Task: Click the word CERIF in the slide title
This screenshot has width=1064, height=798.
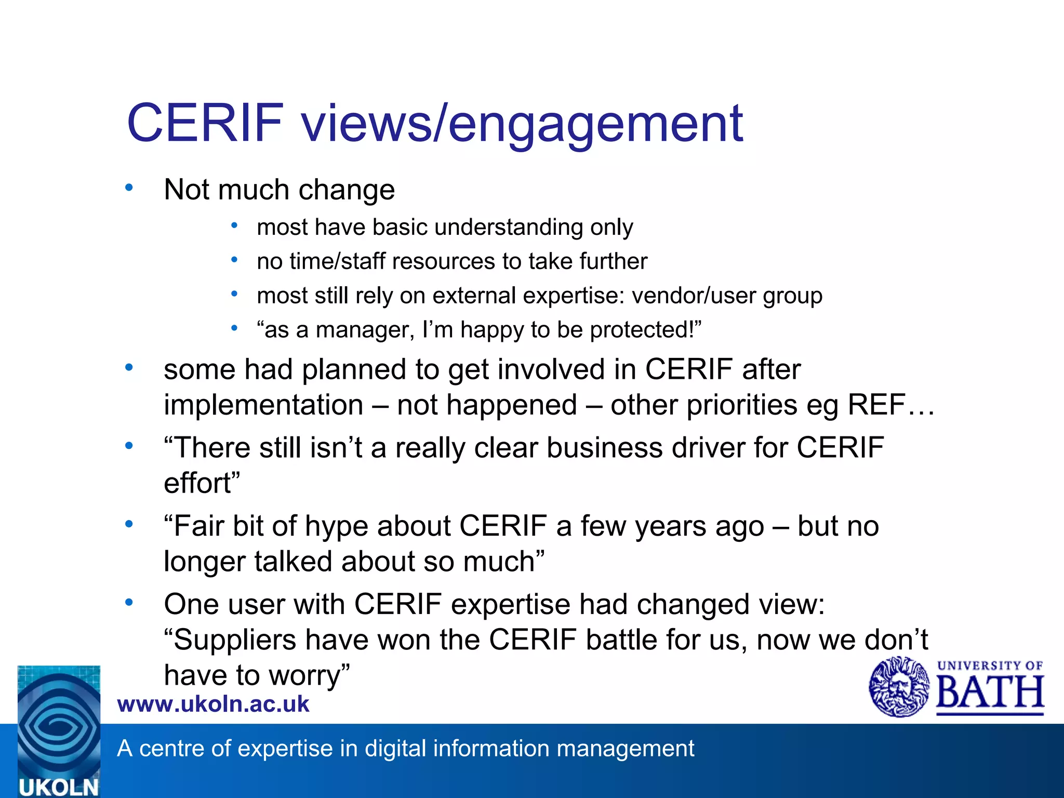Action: pyautogui.click(x=205, y=123)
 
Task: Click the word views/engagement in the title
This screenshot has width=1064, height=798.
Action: pyautogui.click(x=522, y=125)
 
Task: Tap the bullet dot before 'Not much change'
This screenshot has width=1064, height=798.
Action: pyautogui.click(x=129, y=187)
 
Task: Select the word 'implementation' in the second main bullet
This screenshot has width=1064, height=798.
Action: pyautogui.click(x=263, y=405)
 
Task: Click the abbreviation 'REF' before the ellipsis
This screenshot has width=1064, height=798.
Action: pyautogui.click(x=877, y=405)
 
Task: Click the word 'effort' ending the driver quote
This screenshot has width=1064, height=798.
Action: pyautogui.click(x=197, y=483)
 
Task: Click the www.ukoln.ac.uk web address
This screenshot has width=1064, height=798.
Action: pyautogui.click(x=213, y=704)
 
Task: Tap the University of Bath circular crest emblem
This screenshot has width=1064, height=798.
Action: pyautogui.click(x=899, y=687)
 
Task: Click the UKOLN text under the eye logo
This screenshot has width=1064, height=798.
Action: pyautogui.click(x=58, y=787)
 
